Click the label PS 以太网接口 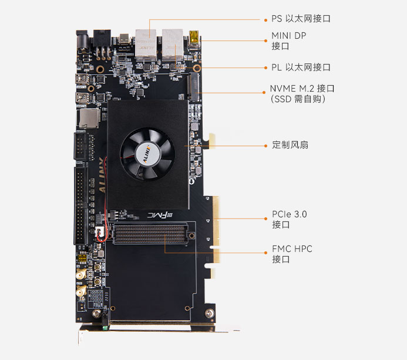pyautogui.click(x=300, y=19)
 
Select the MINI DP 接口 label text pyautogui.click(x=288, y=41)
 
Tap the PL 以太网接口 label pyautogui.click(x=301, y=68)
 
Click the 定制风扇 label pyautogui.click(x=290, y=144)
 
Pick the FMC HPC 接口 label pyautogui.click(x=292, y=254)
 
